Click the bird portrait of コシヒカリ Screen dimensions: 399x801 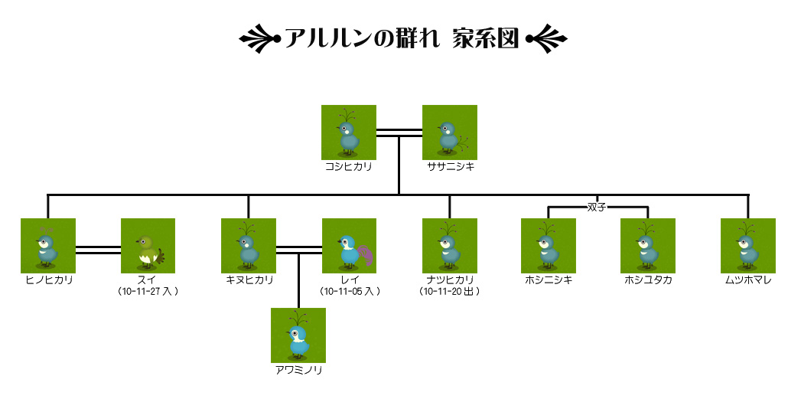[348, 132]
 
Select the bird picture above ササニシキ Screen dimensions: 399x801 [450, 132]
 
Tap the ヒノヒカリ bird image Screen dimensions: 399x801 [47, 246]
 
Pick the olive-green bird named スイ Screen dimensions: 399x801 [148, 246]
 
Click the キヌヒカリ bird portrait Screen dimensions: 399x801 [248, 246]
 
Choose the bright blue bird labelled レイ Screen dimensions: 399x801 [349, 246]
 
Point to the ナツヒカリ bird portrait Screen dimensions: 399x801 [449, 246]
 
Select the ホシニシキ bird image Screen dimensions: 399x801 [549, 246]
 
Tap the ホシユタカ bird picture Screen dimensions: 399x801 [648, 246]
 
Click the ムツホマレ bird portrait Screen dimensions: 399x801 [748, 246]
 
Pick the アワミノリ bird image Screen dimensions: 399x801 [298, 335]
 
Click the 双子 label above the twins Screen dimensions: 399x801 [597, 207]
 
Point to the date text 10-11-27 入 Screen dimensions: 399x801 [148, 292]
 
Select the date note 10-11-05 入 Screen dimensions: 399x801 [349, 292]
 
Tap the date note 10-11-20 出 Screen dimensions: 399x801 [449, 292]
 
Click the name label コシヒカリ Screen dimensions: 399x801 [348, 166]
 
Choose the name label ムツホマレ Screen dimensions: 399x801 [748, 280]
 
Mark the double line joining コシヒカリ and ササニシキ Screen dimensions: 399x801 [399, 132]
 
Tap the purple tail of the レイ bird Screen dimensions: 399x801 [366, 255]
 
